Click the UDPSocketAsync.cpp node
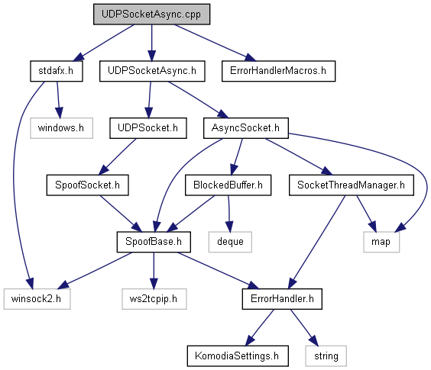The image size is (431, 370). (152, 14)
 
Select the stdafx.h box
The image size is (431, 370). (57, 71)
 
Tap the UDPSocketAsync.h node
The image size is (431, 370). (152, 71)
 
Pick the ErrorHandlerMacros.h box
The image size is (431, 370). (278, 71)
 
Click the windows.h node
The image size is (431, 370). (61, 128)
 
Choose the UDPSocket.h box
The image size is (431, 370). (148, 128)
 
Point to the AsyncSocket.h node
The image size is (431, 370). (246, 128)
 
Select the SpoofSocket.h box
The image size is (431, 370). (87, 185)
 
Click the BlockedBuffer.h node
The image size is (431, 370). (228, 185)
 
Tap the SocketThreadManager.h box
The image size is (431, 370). (352, 185)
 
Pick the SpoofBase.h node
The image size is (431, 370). (154, 242)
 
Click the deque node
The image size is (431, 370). (230, 242)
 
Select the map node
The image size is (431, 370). (381, 242)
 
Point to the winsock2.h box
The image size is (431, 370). (37, 299)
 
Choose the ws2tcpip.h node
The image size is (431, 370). (154, 299)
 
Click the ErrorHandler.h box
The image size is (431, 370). (282, 299)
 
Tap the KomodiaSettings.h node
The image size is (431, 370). (238, 356)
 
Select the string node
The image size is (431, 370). (326, 356)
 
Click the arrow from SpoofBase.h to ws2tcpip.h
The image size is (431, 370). (154, 271)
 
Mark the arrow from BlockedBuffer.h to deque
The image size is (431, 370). (229, 214)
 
